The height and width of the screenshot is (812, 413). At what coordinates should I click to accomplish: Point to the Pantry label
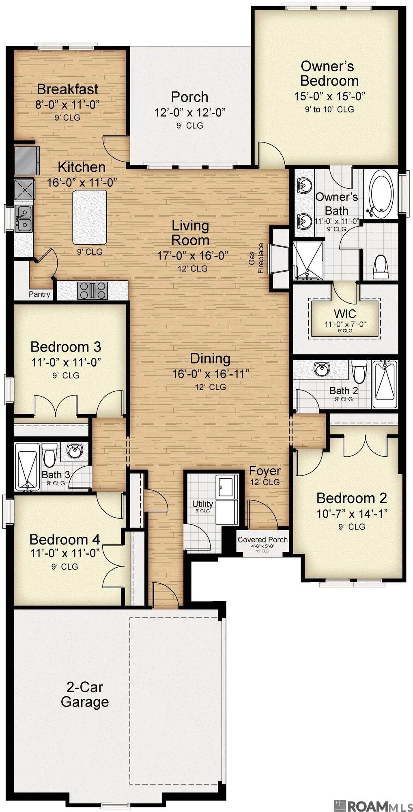39,294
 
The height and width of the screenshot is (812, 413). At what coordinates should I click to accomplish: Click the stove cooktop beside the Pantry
92,290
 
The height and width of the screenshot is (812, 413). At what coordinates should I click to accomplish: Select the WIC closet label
345,313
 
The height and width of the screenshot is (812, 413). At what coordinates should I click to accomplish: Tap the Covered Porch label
262,540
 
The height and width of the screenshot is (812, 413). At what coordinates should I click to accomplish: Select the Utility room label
202,504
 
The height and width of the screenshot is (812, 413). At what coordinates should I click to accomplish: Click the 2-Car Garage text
85,694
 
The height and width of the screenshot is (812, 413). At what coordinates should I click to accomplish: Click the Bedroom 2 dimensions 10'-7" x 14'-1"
352,513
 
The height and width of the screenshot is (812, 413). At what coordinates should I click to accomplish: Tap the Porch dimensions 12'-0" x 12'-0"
189,112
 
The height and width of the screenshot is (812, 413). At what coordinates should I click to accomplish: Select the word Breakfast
68,89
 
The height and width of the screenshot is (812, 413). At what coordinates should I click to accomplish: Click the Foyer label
265,471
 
